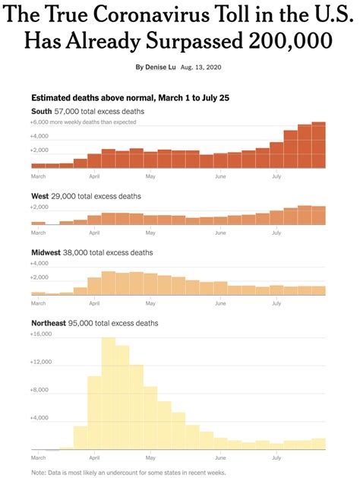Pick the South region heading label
point(41,111)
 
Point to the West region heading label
point(39,196)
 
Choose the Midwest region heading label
point(45,252)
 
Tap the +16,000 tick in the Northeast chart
point(41,334)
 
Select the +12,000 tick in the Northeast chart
point(41,362)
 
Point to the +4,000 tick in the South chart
point(39,136)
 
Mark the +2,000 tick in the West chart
point(39,207)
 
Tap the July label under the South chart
point(276,176)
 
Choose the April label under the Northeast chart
point(95,458)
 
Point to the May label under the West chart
point(150,233)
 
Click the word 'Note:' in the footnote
point(39,473)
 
